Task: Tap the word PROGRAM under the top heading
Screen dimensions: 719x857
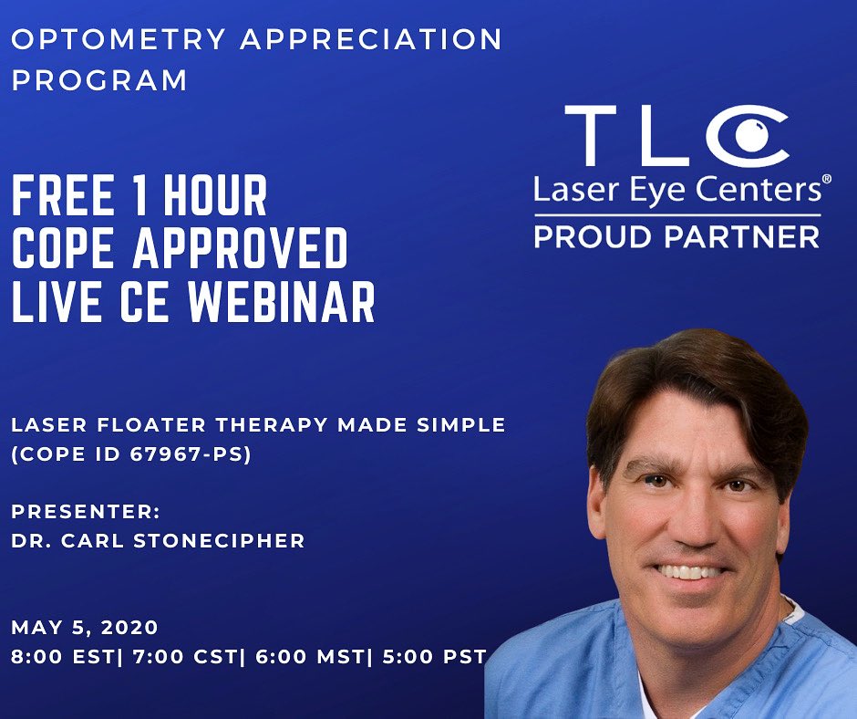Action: (x=99, y=80)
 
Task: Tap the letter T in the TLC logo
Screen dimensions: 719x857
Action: (x=595, y=136)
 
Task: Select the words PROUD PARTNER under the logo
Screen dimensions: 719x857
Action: (x=676, y=236)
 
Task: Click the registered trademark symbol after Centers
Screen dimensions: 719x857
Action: (x=826, y=181)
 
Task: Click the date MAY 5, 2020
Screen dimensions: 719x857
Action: (x=85, y=628)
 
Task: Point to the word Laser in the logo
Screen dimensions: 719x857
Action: (x=568, y=191)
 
